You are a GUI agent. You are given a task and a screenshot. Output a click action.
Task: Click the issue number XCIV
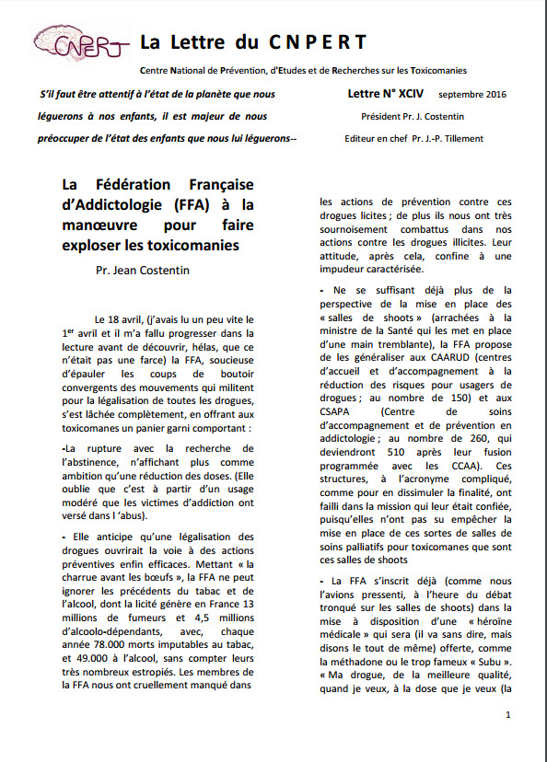point(413,94)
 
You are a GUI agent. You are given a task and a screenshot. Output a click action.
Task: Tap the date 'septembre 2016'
point(471,95)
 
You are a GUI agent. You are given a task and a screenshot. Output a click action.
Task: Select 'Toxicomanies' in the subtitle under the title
point(435,71)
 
